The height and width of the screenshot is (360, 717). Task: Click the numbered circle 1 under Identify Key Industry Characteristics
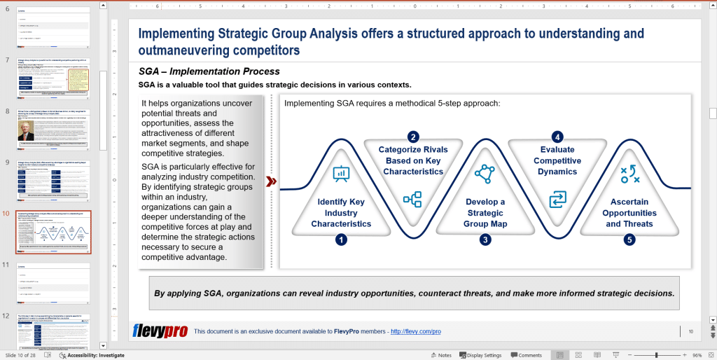pyautogui.click(x=341, y=240)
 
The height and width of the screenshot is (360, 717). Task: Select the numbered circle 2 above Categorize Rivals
pyautogui.click(x=413, y=137)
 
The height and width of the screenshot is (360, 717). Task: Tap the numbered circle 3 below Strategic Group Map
pyautogui.click(x=485, y=240)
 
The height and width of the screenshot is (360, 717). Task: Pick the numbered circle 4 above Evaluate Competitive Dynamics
pyautogui.click(x=557, y=137)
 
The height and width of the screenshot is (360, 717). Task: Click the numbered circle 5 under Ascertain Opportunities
pyautogui.click(x=629, y=240)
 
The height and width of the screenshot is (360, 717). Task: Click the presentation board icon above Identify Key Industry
pyautogui.click(x=341, y=173)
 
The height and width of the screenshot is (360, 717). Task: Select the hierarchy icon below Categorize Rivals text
pyautogui.click(x=412, y=199)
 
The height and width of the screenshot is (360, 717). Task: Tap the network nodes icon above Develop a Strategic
pyautogui.click(x=485, y=174)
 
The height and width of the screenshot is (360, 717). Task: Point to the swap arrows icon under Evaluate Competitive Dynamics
pyautogui.click(x=557, y=200)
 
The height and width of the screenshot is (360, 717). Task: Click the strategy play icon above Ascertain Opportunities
pyautogui.click(x=629, y=174)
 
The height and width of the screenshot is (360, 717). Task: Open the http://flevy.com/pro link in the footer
pyautogui.click(x=415, y=331)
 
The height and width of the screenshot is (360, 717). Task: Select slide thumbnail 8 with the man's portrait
pyautogui.click(x=53, y=129)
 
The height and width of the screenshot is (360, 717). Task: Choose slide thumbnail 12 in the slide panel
pyautogui.click(x=53, y=331)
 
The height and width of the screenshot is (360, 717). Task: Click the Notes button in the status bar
pyautogui.click(x=440, y=355)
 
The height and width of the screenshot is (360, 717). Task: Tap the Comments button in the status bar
pyautogui.click(x=526, y=355)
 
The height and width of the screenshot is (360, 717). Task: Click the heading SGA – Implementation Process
pyautogui.click(x=209, y=71)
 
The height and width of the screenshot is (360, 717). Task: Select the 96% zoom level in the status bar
pyautogui.click(x=697, y=355)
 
